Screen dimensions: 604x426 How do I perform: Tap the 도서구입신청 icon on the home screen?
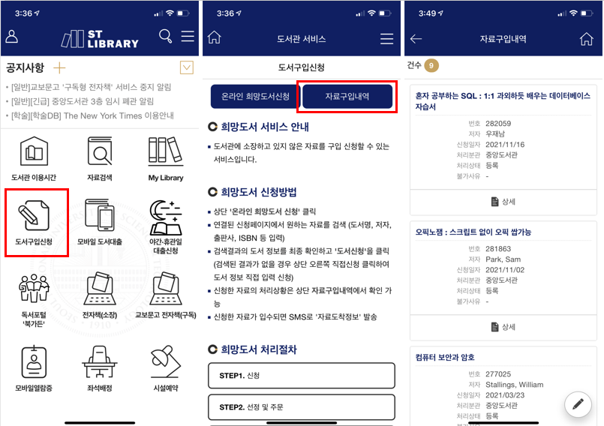pyautogui.click(x=34, y=215)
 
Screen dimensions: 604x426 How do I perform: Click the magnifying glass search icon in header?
pyautogui.click(x=165, y=36)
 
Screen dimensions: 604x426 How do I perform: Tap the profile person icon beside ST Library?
pyautogui.click(x=11, y=37)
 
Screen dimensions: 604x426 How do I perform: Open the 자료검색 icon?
pyautogui.click(x=100, y=151)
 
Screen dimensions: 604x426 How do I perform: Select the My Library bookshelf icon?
pyautogui.click(x=166, y=151)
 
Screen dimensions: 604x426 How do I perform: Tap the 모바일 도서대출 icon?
pyautogui.click(x=100, y=215)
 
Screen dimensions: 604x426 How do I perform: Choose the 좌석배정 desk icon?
pyautogui.click(x=100, y=361)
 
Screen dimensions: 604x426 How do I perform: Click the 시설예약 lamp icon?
pyautogui.click(x=166, y=361)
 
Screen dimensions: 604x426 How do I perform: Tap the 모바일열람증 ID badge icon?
pyautogui.click(x=34, y=362)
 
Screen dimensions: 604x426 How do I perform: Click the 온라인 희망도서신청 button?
pyautogui.click(x=255, y=96)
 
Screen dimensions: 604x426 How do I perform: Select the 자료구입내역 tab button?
pyautogui.click(x=347, y=96)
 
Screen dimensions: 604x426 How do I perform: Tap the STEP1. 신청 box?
pyautogui.click(x=301, y=376)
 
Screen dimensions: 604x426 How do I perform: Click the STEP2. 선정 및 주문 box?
pyautogui.click(x=301, y=407)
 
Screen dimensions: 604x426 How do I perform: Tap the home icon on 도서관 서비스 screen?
pyautogui.click(x=214, y=37)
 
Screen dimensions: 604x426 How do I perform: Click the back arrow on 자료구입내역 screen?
pyautogui.click(x=416, y=38)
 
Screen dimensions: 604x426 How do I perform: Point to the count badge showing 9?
pyautogui.click(x=431, y=65)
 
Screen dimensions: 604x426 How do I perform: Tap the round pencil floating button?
pyautogui.click(x=578, y=404)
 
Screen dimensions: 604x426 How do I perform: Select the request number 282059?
pyautogui.click(x=498, y=124)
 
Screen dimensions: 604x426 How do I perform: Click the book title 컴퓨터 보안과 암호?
pyautogui.click(x=445, y=357)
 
